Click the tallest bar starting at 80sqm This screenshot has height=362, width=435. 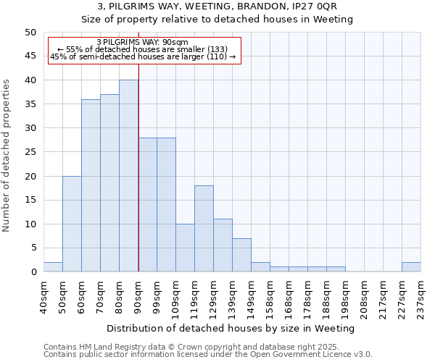click(x=128, y=176)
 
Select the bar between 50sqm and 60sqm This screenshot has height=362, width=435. click(x=72, y=224)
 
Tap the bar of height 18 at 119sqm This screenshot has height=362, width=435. click(x=204, y=229)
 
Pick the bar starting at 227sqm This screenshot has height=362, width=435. click(x=411, y=267)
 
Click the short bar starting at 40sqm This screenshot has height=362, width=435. click(x=53, y=267)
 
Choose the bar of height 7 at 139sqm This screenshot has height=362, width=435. click(x=241, y=255)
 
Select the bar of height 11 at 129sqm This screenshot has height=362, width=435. click(x=223, y=245)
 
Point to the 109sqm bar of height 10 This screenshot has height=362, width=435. click(x=185, y=248)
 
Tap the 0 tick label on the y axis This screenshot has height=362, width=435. click(x=33, y=272)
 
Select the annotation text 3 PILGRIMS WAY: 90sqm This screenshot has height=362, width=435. click(x=142, y=43)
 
